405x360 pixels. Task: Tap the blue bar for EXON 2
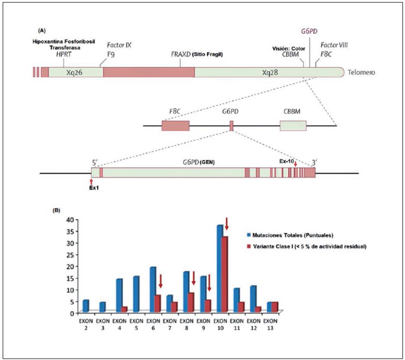click(85, 305)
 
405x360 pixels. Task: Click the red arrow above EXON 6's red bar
click(160, 281)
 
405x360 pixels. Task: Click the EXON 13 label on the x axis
click(270, 324)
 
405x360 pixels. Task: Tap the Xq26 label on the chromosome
click(75, 72)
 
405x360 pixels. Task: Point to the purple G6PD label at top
click(309, 31)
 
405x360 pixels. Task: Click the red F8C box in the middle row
click(175, 126)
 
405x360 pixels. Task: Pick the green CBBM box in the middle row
click(293, 126)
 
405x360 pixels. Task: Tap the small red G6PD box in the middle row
click(231, 126)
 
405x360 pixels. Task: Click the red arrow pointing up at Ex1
click(91, 181)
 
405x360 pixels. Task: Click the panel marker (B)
click(56, 211)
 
